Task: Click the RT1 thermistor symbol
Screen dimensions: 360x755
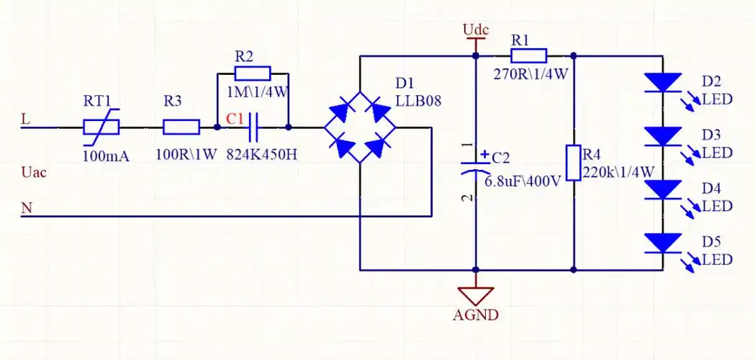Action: [101, 127]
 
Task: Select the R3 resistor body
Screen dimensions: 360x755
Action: [181, 127]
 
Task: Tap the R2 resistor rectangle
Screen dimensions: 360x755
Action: [253, 73]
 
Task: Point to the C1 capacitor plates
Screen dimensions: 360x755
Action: [253, 127]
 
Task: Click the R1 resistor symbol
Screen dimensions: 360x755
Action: [529, 55]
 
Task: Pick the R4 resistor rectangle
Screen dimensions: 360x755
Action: [574, 163]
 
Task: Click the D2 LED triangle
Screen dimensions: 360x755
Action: [662, 82]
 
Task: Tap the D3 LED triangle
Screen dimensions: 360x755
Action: [662, 135]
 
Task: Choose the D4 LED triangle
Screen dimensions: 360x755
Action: [662, 189]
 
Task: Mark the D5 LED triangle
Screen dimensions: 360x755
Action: [662, 243]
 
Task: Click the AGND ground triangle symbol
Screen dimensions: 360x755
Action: [475, 295]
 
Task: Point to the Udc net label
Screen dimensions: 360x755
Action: [476, 30]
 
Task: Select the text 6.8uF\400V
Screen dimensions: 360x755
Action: [523, 181]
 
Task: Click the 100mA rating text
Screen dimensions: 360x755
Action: [106, 155]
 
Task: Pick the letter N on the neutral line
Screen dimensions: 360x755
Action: [27, 208]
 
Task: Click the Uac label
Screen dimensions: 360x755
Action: [33, 173]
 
